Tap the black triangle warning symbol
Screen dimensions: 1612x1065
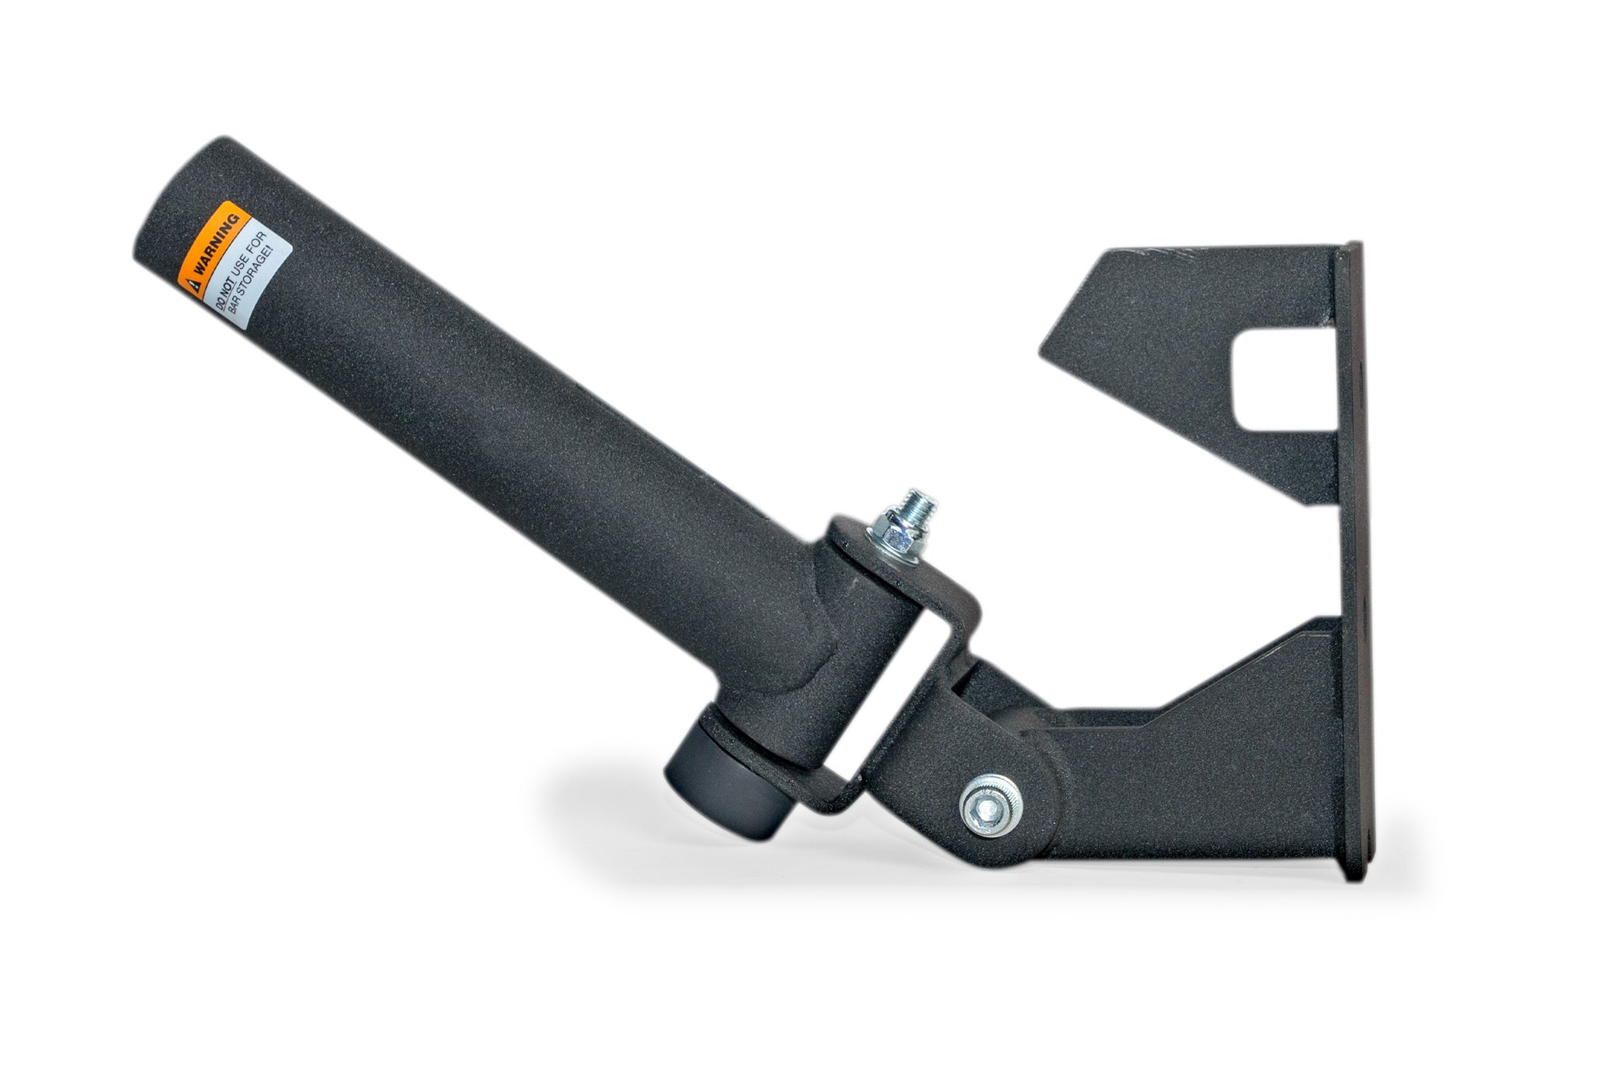coord(192,281)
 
